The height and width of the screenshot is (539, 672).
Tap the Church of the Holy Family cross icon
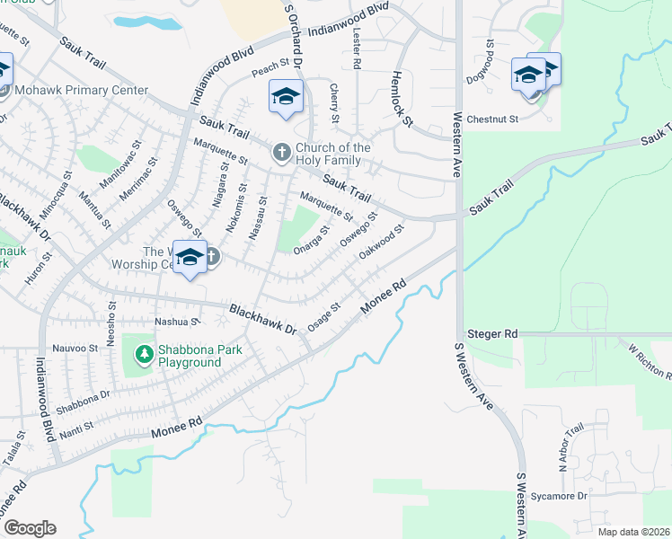pyautogui.click(x=281, y=153)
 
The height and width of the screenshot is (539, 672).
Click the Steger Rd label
pyautogui.click(x=498, y=333)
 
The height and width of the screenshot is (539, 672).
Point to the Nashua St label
pyautogui.click(x=176, y=322)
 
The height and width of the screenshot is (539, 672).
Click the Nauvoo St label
pyautogui.click(x=75, y=348)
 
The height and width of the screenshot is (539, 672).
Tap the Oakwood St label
pyautogui.click(x=383, y=241)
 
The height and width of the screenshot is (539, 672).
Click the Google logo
pyautogui.click(x=30, y=528)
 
